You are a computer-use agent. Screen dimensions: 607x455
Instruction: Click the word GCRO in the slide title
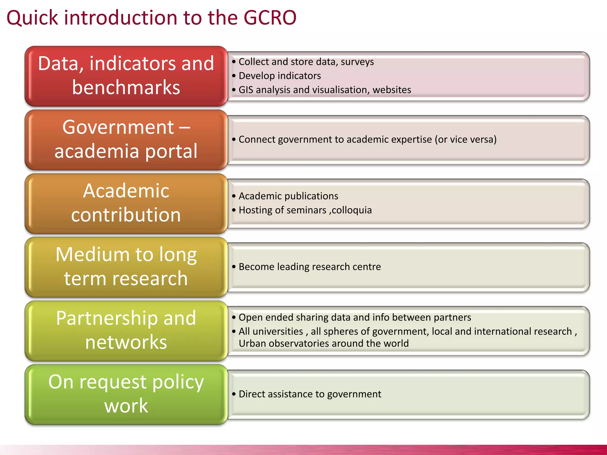point(270,18)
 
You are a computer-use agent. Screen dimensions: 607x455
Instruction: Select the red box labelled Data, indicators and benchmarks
point(126,76)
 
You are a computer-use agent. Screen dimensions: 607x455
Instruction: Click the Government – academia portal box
point(126,140)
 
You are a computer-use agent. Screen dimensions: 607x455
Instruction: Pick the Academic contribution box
point(126,203)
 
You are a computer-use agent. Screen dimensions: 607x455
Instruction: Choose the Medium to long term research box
point(126,267)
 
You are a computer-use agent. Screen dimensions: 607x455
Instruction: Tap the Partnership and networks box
point(126,331)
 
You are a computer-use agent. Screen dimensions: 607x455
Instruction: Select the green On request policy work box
point(126,394)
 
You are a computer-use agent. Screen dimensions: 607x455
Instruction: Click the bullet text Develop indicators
point(279,76)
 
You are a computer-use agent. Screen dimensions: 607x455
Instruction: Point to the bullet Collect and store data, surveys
point(306,62)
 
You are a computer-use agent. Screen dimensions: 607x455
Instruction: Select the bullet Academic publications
point(288,196)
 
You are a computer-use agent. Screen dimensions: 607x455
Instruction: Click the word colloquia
point(352,210)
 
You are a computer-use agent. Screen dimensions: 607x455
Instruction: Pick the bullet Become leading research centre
point(309,267)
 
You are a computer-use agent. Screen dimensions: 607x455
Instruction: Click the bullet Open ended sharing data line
point(354,318)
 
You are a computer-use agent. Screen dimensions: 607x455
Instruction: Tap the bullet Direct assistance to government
point(310,394)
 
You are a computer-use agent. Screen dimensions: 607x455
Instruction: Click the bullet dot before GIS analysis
point(234,90)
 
